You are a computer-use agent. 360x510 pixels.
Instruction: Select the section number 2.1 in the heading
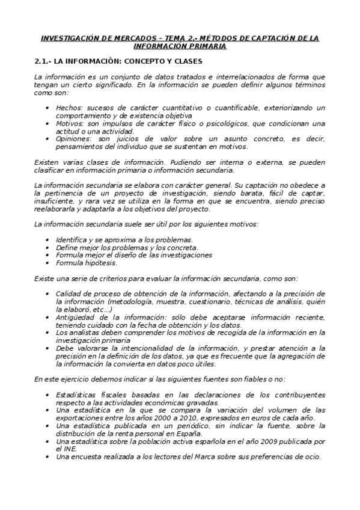click(x=42, y=61)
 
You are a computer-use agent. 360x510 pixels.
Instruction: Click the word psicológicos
click(x=245, y=123)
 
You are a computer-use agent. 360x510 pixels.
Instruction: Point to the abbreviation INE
click(x=70, y=448)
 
